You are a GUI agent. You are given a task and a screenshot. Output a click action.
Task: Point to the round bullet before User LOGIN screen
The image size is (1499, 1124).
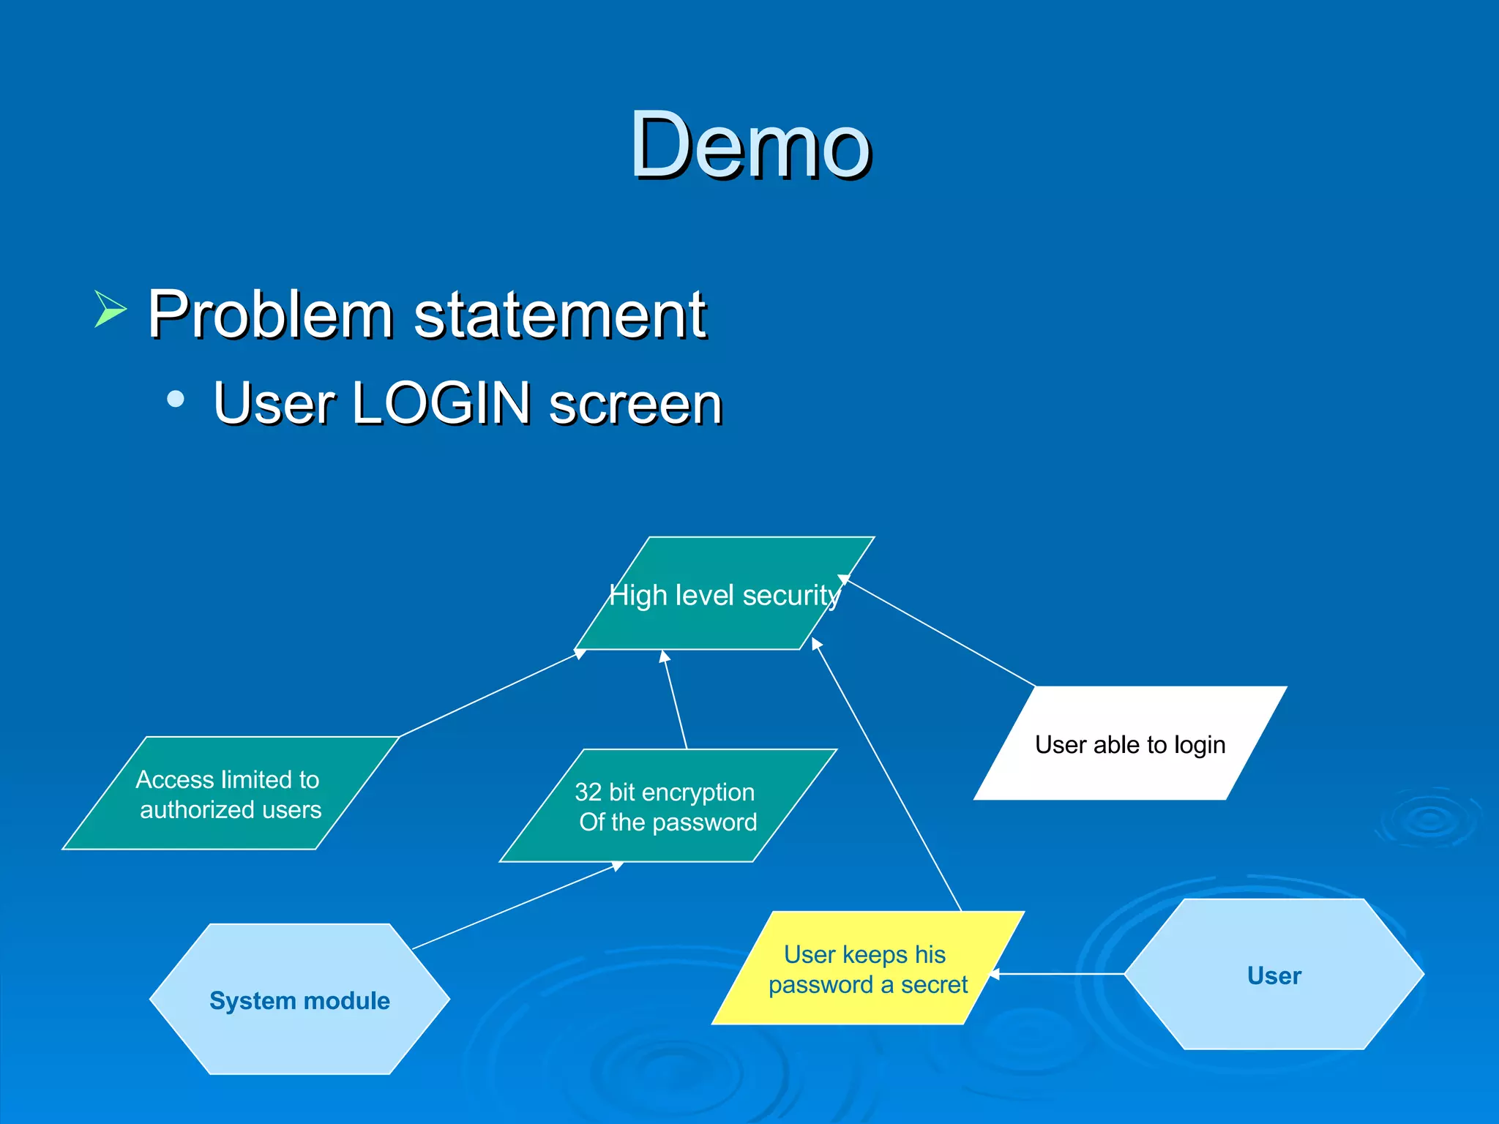pos(176,399)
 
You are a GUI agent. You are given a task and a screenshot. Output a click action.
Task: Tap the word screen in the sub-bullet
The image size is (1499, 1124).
pos(635,404)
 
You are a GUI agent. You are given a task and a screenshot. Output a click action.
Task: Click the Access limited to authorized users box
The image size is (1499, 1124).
pos(230,794)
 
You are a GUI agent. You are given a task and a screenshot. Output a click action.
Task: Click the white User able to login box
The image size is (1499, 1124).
pos(1129,744)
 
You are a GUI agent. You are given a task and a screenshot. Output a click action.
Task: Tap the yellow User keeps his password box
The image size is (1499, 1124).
pos(867,969)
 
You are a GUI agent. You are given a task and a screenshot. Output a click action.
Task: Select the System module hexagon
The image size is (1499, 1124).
pos(299,1000)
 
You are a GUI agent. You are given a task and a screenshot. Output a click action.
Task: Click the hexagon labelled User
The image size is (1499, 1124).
pos(1274,975)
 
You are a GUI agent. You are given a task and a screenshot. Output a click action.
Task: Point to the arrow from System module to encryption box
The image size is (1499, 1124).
pos(516,906)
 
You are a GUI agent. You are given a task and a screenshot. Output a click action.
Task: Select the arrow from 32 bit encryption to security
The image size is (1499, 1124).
pos(675,699)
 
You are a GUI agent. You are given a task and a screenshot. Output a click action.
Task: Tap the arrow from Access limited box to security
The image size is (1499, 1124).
pos(490,694)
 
